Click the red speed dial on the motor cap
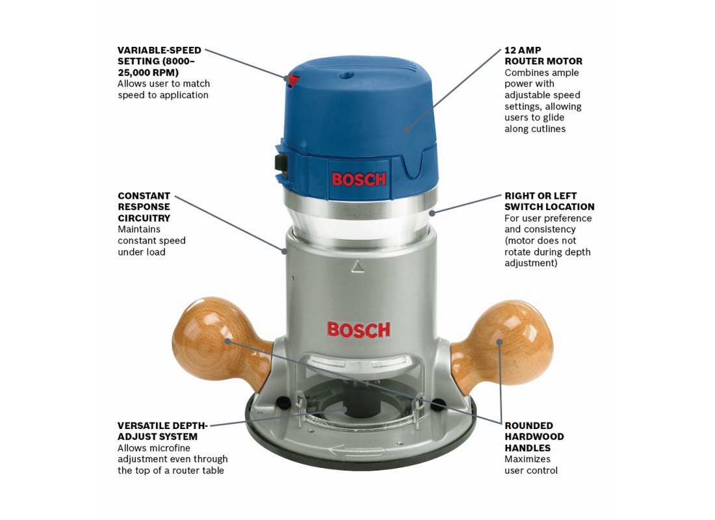coord(293,81)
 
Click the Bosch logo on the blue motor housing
coord(359,179)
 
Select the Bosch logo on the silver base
coord(359,330)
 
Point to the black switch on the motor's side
coord(279,163)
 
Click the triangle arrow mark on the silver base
coord(358,266)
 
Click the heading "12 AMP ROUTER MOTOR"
coord(543,56)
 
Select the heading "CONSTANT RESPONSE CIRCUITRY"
coord(144,207)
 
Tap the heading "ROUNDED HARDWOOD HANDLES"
coord(534,437)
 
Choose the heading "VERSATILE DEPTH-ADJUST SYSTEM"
coord(162,431)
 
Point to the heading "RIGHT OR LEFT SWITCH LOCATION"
coord(549,201)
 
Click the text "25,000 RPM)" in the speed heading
coord(148,73)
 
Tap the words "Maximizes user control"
coord(531,465)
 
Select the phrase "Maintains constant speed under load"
coord(151,240)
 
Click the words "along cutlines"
coord(535,129)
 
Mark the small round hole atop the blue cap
coord(344,74)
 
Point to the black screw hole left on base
coord(283,402)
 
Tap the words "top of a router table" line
coord(170,471)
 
